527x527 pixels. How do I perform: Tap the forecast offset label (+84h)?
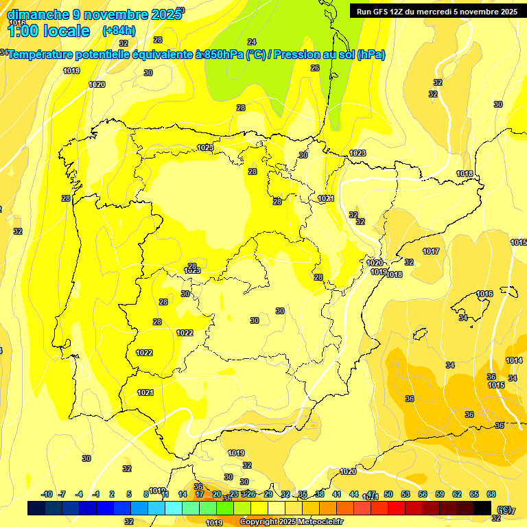click(119, 30)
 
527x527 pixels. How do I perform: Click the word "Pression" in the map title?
click(301, 55)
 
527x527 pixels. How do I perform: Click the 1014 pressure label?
click(514, 361)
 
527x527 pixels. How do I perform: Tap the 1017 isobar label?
click(431, 252)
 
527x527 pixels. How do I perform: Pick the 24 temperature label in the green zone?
click(252, 42)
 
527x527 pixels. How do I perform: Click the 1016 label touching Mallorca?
click(484, 294)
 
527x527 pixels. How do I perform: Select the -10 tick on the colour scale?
click(47, 494)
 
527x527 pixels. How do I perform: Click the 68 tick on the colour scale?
click(491, 494)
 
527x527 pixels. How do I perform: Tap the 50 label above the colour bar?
click(388, 494)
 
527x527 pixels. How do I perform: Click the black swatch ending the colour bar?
click(482, 508)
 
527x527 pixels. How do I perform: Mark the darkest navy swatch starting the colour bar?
click(36, 508)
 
